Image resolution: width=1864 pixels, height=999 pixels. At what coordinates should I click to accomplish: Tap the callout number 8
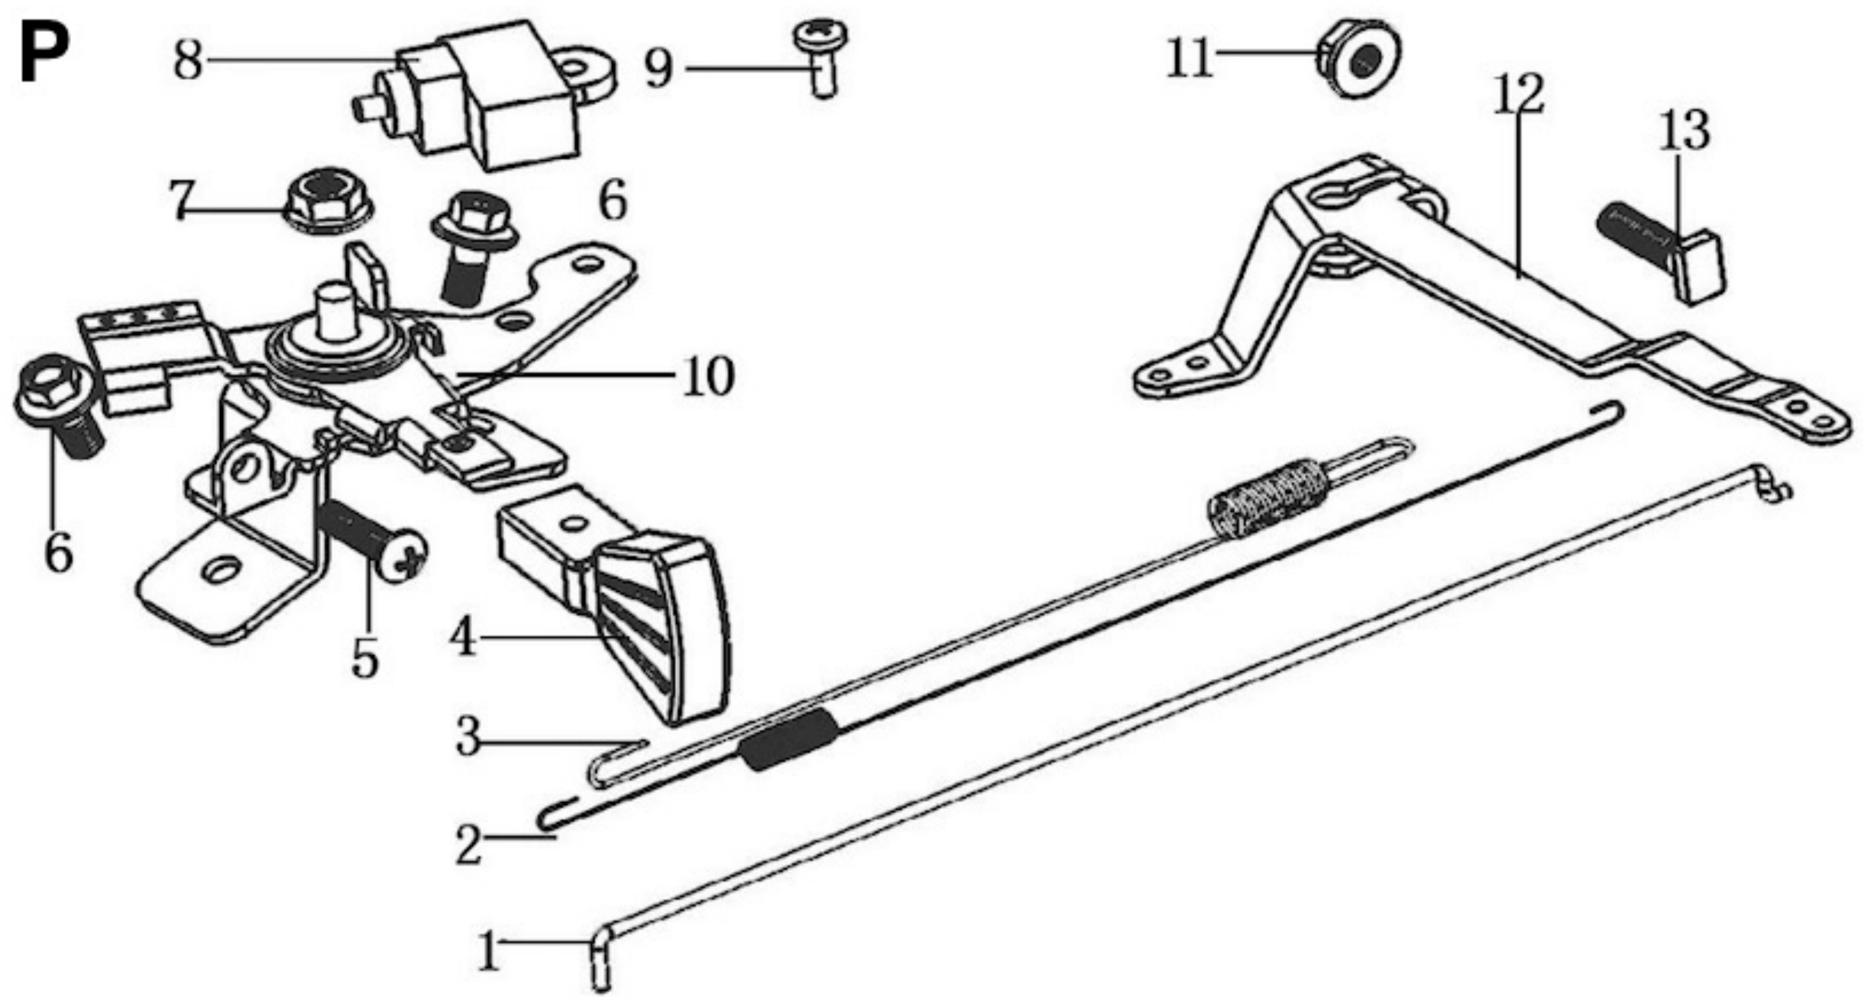tap(188, 61)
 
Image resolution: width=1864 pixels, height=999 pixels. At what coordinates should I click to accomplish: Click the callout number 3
tap(468, 738)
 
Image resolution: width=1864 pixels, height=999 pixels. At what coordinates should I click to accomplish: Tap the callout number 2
tap(468, 845)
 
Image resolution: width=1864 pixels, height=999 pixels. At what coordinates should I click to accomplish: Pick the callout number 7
tap(182, 200)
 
